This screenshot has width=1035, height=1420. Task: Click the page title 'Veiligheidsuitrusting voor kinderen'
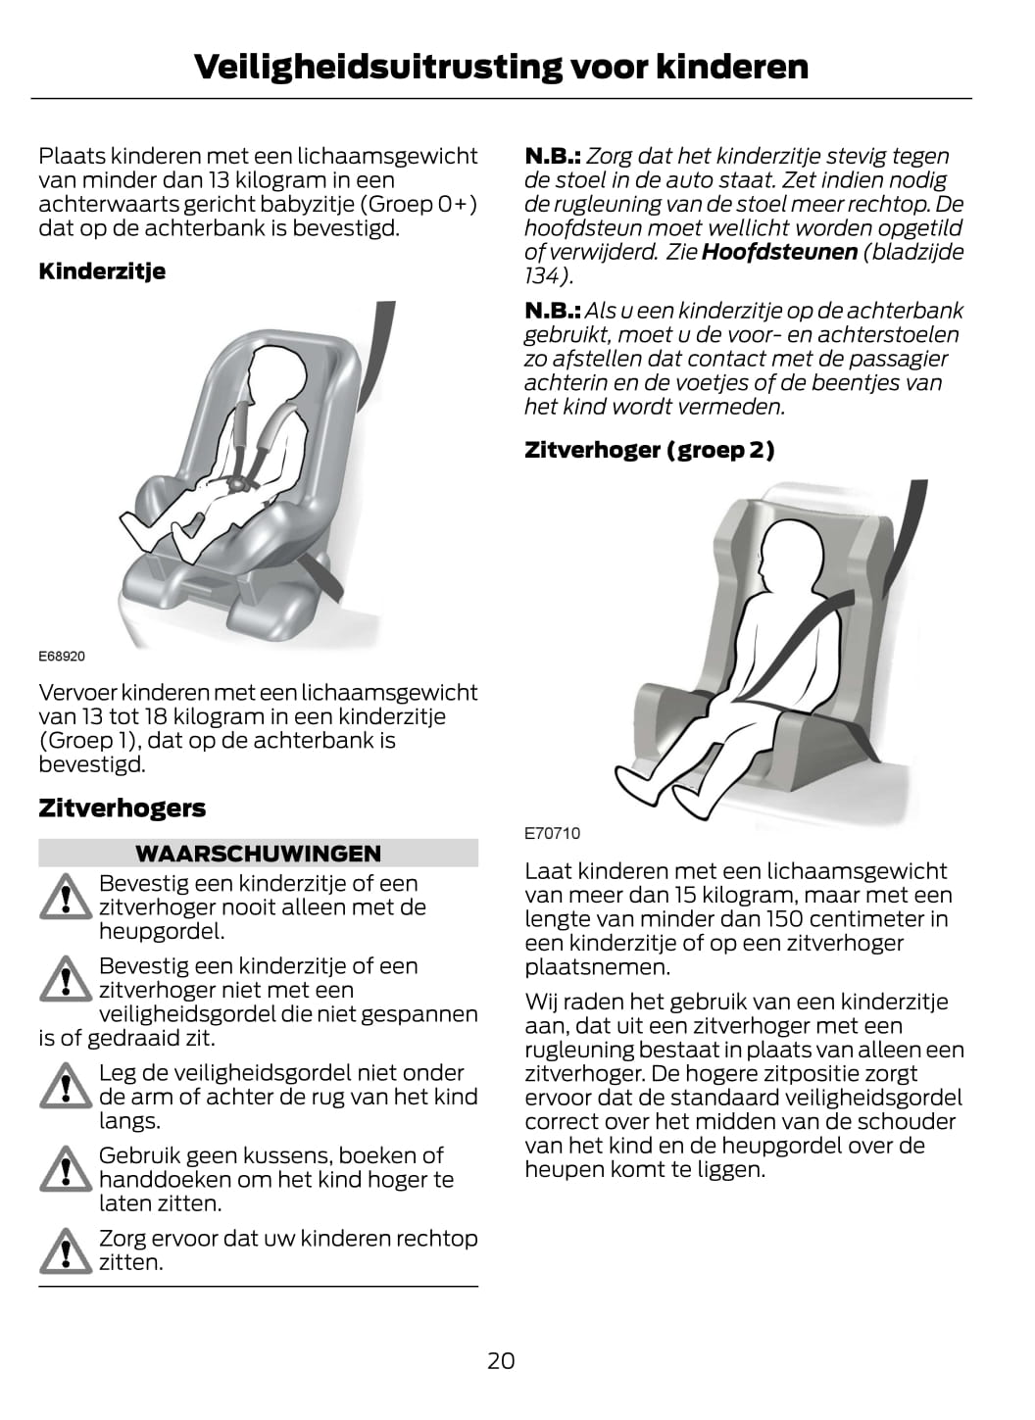click(501, 67)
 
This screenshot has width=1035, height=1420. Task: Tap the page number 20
click(501, 1361)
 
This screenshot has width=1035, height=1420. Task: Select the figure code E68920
click(62, 657)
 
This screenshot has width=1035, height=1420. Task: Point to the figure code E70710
click(552, 833)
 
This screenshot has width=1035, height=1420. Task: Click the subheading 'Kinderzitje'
click(102, 271)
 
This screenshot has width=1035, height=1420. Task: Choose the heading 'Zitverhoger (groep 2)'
click(650, 450)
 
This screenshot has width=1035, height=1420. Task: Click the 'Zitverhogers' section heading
click(123, 808)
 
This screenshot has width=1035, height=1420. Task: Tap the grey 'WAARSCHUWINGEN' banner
click(258, 854)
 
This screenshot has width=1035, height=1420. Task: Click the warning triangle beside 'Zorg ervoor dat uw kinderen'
click(66, 1250)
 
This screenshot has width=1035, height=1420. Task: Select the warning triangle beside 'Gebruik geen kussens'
click(66, 1168)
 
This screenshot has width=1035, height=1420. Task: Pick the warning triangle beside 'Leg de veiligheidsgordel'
click(66, 1086)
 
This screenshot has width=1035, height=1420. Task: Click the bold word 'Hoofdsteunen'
click(779, 252)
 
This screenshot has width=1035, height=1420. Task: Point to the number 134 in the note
click(544, 275)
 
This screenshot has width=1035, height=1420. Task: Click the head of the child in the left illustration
click(276, 374)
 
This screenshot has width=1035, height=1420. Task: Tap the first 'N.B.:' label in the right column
click(553, 156)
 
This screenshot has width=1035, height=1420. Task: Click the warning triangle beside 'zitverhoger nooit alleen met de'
click(66, 897)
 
